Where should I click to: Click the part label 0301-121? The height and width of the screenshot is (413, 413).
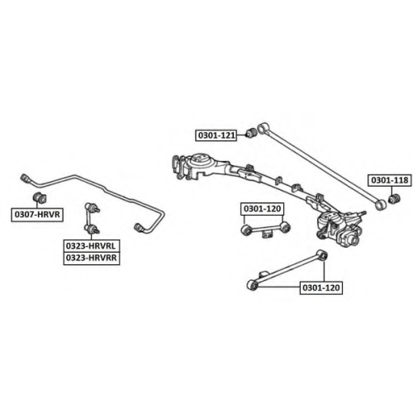(216, 135)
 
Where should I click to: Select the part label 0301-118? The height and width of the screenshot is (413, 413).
(390, 180)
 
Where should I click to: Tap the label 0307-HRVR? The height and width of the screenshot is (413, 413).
(37, 215)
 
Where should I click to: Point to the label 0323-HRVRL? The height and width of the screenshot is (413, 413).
(92, 245)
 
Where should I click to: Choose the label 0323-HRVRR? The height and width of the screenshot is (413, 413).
(92, 259)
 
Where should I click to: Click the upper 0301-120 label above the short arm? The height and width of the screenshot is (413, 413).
(262, 209)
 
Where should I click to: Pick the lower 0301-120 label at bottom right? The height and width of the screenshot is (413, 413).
(321, 287)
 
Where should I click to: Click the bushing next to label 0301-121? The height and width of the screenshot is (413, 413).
(251, 133)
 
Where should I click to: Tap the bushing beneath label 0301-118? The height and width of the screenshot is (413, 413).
(394, 199)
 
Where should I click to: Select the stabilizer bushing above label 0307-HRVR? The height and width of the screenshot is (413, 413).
(40, 197)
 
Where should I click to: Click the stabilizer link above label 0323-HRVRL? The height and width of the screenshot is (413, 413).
(92, 218)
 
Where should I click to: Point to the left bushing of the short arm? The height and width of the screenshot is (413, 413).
(245, 230)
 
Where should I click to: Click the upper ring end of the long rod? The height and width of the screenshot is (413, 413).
(262, 128)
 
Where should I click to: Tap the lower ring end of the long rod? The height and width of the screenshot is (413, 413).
(381, 205)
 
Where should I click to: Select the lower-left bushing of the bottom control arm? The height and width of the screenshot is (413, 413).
(252, 285)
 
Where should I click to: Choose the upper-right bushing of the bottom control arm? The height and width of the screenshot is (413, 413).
(321, 254)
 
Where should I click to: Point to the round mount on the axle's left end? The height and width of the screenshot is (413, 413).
(199, 159)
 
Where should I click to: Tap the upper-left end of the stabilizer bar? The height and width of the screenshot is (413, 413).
(26, 178)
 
